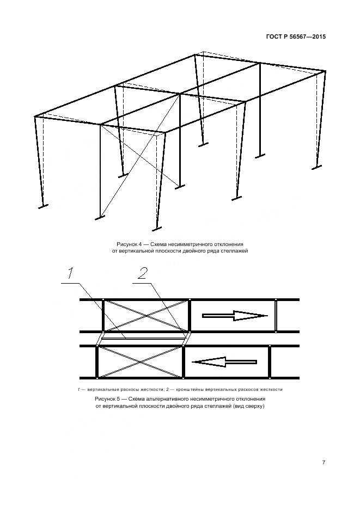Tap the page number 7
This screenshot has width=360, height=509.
(x=324, y=463)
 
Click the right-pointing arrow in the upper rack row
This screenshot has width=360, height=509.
(x=235, y=315)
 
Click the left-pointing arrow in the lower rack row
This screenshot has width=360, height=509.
(x=225, y=361)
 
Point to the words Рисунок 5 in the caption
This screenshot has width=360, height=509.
(x=109, y=398)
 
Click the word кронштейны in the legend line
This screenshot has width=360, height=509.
(x=190, y=390)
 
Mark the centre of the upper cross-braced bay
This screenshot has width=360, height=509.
(x=146, y=315)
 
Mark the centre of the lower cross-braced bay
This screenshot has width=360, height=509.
(x=141, y=361)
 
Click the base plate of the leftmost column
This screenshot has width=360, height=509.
(x=42, y=206)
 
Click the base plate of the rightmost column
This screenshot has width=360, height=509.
(x=318, y=167)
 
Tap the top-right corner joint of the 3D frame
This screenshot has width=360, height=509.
(x=325, y=71)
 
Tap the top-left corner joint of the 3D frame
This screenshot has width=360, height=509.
(x=35, y=116)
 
